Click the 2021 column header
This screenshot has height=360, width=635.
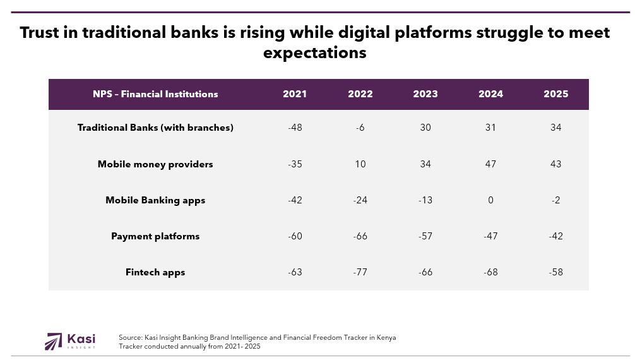(x=295, y=94)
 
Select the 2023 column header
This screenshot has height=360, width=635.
(x=425, y=94)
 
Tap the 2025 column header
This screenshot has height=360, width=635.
(x=556, y=94)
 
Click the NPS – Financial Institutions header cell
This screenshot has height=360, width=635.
(x=155, y=94)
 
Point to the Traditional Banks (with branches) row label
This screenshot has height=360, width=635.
(x=155, y=128)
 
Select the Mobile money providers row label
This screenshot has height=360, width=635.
(x=155, y=164)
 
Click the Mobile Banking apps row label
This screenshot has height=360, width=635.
(x=155, y=200)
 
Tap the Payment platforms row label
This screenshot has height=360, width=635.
(x=155, y=236)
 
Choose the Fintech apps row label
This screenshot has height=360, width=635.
(x=155, y=272)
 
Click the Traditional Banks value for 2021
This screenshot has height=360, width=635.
(x=295, y=128)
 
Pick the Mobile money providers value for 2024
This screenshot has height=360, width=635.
(x=490, y=164)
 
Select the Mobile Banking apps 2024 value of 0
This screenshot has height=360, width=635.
(x=490, y=200)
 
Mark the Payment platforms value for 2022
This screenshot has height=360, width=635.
(x=360, y=236)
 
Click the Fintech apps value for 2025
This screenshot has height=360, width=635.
(x=556, y=272)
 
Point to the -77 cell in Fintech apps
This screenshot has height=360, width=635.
(x=360, y=272)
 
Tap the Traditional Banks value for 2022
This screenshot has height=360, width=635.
(x=360, y=128)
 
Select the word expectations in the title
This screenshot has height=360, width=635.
(x=314, y=52)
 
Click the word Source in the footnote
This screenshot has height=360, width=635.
(x=130, y=338)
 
